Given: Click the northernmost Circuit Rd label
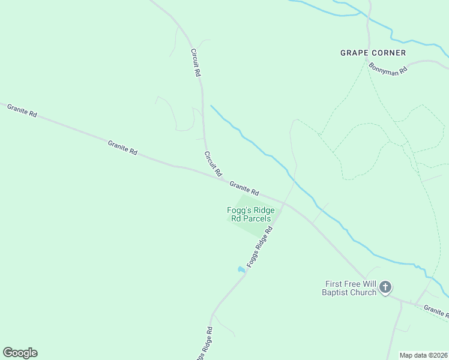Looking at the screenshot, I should click(195, 62).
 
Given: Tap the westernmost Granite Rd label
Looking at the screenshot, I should click(22, 110).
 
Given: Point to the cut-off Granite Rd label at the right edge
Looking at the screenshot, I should click(436, 310).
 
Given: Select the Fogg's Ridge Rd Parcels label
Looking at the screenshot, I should click(251, 214).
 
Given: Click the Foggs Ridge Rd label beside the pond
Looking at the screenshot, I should click(259, 246).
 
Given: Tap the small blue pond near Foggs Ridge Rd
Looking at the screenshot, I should click(241, 269).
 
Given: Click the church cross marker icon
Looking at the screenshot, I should click(385, 288).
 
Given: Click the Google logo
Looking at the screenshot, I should click(20, 353).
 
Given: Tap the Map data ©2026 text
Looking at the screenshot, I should click(423, 355).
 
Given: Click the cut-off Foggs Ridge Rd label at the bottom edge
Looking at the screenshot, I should click(203, 345).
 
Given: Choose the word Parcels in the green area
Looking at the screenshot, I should click(257, 218).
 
